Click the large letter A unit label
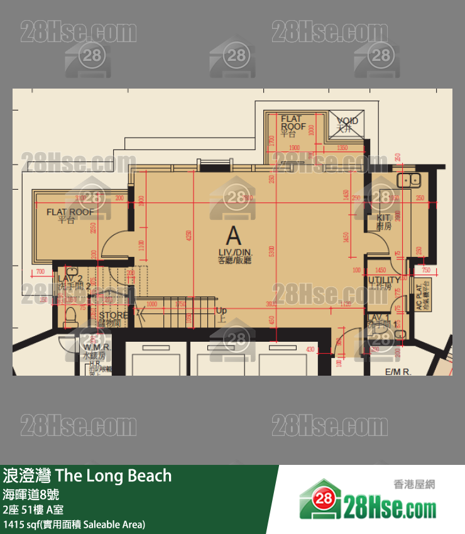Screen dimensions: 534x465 click(x=233, y=236)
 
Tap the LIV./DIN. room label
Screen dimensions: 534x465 click(x=234, y=254)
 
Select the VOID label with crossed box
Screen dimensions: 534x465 click(x=347, y=124)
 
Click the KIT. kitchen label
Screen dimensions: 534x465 click(x=384, y=221)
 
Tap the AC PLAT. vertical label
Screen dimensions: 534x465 click(x=419, y=298)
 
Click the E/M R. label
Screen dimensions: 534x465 click(x=397, y=372)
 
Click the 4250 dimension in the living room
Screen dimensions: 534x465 click(x=189, y=236)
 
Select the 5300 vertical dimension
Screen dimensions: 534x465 click(x=272, y=251)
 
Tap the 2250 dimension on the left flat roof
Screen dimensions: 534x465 click(x=94, y=229)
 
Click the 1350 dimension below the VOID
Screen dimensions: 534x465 click(x=342, y=148)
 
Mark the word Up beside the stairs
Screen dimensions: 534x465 click(x=221, y=311)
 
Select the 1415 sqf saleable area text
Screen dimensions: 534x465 click(x=74, y=523)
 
